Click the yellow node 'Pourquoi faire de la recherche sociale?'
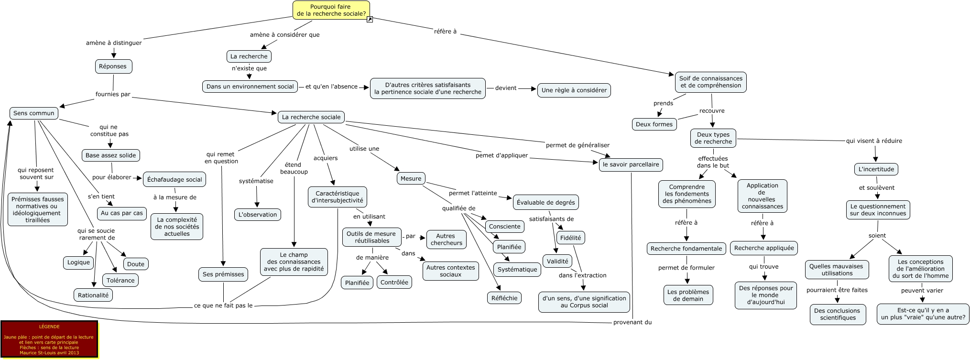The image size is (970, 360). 331,10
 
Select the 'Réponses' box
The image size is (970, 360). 113,66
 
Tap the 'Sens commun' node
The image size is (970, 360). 34,113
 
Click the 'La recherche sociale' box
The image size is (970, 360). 311,117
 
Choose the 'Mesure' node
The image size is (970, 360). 411,179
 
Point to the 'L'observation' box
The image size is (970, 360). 258,215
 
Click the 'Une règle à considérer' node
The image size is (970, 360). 574,90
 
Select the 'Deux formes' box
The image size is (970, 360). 654,124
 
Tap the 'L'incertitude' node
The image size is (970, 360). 876,169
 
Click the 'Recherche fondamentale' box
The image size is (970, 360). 686,249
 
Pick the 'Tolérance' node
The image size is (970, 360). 120,281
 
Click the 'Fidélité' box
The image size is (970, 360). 570,238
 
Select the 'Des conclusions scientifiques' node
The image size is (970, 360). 838,314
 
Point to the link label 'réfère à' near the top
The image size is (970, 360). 445,32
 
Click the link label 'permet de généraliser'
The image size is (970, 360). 578,145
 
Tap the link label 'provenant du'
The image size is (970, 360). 632,323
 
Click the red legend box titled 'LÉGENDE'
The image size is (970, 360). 49,339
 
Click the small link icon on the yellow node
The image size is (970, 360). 370,20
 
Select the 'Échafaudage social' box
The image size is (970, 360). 174,180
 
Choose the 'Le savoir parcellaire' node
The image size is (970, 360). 631,164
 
